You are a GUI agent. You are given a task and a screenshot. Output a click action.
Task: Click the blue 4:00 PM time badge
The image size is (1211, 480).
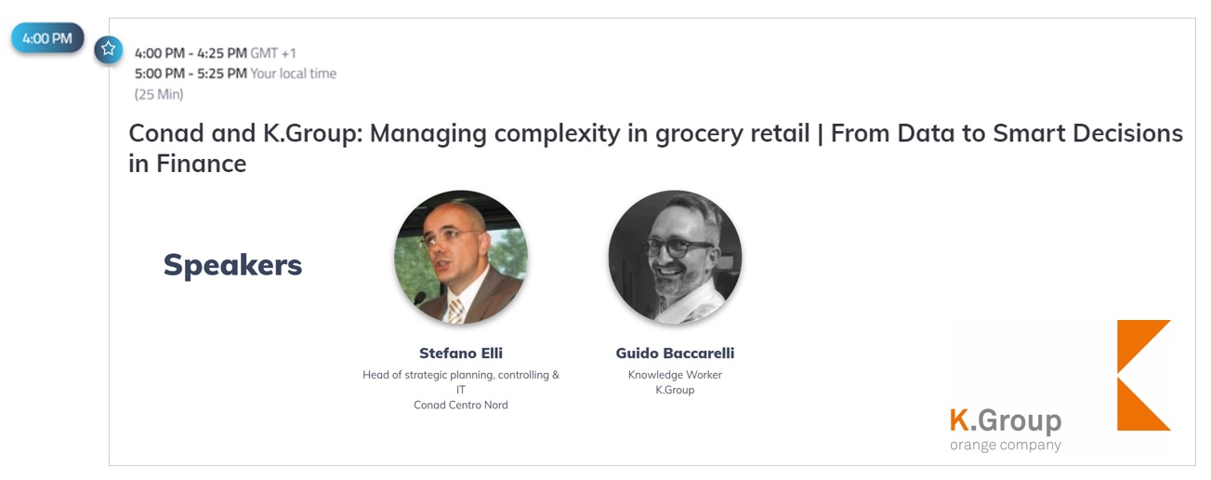(47, 38)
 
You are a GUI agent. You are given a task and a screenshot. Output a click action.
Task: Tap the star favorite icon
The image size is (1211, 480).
(108, 49)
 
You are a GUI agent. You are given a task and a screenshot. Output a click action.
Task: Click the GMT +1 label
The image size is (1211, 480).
(273, 53)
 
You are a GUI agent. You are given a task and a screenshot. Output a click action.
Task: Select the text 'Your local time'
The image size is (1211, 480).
(293, 73)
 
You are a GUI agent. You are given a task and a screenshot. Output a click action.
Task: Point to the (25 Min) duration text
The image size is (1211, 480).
(159, 94)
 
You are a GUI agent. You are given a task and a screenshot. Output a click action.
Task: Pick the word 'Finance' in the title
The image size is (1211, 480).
(201, 164)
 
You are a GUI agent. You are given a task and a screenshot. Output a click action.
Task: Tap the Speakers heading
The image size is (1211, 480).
(232, 265)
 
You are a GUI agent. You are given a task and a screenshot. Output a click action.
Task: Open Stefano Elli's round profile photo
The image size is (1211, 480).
(461, 257)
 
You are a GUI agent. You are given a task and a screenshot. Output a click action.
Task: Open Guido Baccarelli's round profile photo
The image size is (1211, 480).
(675, 257)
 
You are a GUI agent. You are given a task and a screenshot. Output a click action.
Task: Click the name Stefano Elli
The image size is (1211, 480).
(461, 353)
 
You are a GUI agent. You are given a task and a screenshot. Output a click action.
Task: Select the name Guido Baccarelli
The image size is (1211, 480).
(675, 353)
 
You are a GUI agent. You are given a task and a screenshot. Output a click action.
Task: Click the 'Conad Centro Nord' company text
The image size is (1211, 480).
(461, 405)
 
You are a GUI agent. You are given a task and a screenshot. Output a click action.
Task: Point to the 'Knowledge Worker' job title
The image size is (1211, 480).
(675, 375)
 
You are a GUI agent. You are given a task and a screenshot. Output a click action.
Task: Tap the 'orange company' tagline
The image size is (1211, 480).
(1005, 446)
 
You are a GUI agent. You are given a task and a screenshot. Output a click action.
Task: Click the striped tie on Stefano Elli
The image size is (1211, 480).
(455, 311)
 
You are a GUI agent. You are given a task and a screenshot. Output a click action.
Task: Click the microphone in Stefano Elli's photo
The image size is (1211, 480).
(419, 298)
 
